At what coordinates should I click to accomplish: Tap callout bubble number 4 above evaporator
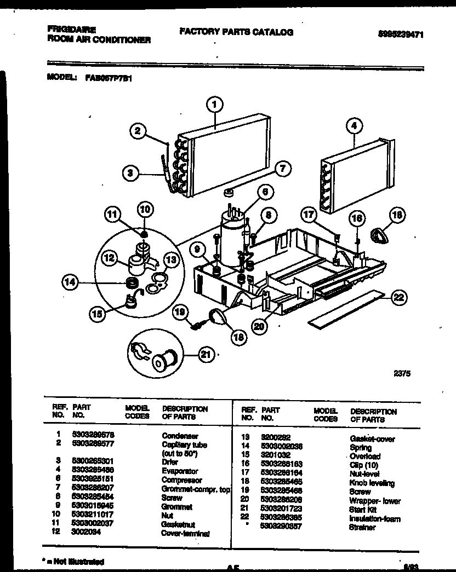[355, 126]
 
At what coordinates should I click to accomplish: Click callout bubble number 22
[399, 297]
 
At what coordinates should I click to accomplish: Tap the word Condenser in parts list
[179, 436]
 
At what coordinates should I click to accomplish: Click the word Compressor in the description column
[181, 480]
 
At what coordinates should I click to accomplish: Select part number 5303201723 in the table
[281, 510]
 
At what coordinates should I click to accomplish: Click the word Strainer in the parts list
[362, 527]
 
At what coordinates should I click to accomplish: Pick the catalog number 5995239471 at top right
[401, 34]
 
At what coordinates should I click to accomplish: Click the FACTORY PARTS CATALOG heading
[236, 32]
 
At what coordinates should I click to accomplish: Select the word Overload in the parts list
[364, 456]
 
